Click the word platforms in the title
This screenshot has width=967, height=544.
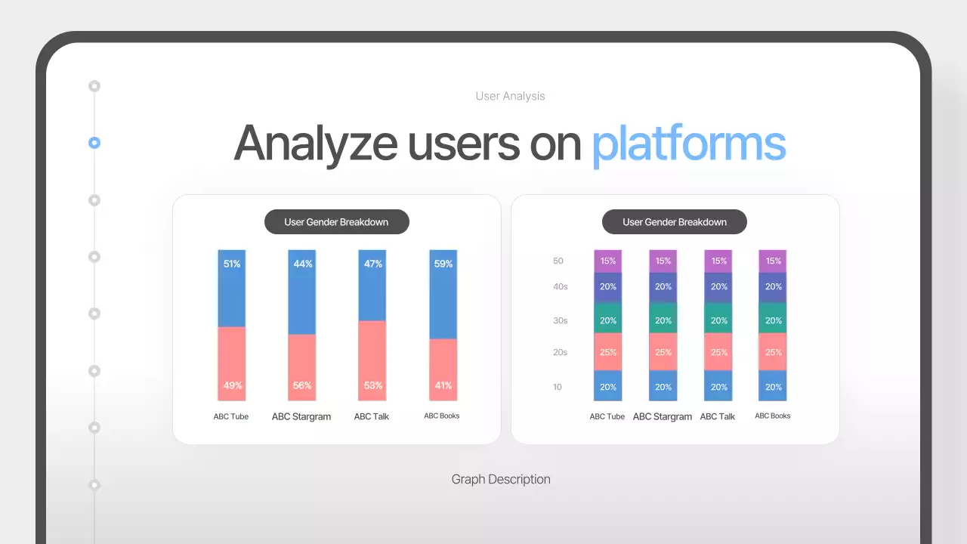point(688,143)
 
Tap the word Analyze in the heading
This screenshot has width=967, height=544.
point(315,143)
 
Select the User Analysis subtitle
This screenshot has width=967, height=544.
point(510,96)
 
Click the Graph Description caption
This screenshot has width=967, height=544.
point(501,479)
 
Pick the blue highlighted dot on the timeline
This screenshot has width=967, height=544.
point(94,143)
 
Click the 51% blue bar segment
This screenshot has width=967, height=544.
point(232,289)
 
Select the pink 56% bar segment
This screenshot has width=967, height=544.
point(302,367)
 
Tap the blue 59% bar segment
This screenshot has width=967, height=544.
point(443,295)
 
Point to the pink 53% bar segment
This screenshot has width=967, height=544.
point(372,360)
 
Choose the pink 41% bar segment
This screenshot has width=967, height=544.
point(443,369)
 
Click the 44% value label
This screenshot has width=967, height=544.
point(303,264)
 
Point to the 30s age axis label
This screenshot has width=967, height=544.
point(559,320)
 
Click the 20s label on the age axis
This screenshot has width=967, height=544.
point(559,352)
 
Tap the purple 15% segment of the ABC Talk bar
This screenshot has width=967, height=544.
point(718,261)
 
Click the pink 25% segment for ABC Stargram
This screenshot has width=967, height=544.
point(663,352)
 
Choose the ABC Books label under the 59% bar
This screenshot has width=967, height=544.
point(442,416)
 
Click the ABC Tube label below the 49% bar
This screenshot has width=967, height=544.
point(231,416)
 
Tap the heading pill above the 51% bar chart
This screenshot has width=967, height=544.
point(336,222)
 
